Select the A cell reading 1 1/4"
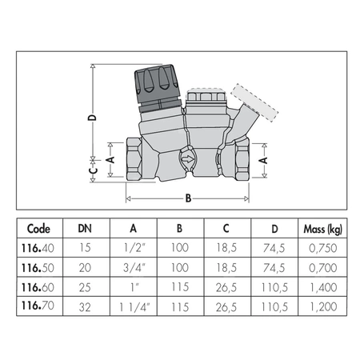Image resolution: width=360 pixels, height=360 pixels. (x=133, y=304)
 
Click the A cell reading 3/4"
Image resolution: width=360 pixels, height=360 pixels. (x=133, y=267)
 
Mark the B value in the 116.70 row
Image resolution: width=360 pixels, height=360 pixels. (x=180, y=304)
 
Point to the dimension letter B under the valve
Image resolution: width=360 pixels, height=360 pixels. (x=189, y=197)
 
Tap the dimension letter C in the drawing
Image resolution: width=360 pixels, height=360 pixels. (x=92, y=170)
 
